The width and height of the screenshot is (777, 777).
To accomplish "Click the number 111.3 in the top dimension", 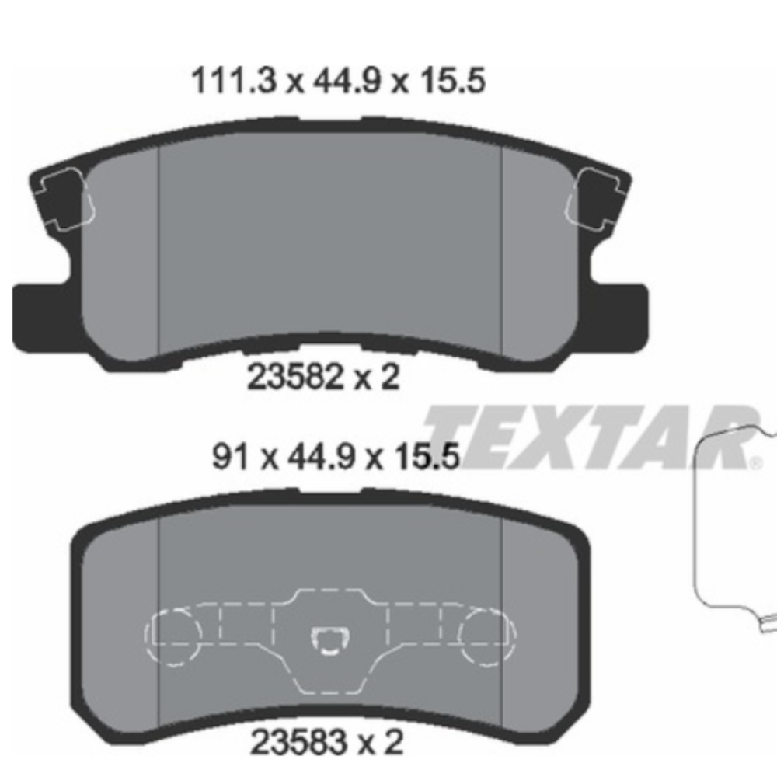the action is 233,81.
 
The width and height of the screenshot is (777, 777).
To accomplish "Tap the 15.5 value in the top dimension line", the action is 452,81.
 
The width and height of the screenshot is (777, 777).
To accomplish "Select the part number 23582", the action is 295,377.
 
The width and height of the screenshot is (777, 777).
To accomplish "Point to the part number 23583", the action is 298,742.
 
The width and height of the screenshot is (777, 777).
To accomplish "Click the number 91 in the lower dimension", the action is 230,456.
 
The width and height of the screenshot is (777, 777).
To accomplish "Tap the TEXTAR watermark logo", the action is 592,437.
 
